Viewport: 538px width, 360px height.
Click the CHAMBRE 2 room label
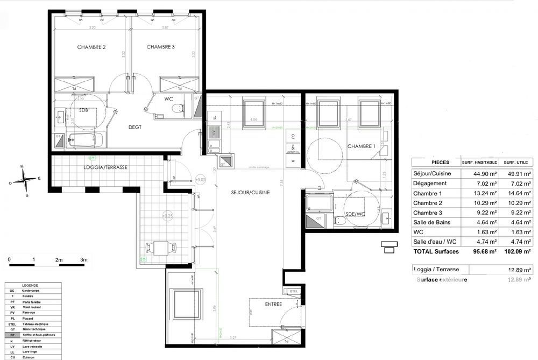(91, 47)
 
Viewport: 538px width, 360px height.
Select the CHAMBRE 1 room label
(361, 146)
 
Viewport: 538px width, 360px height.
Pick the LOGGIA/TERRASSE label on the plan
(109, 167)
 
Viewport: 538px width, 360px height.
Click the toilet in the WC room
(176, 109)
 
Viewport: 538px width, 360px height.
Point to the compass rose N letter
(22, 167)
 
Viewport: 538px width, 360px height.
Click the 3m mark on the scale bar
(83, 260)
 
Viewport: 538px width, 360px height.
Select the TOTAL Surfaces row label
(435, 251)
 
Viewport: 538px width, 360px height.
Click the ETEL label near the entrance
(293, 292)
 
